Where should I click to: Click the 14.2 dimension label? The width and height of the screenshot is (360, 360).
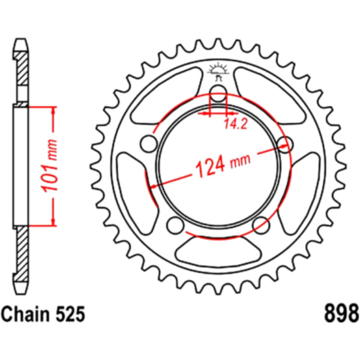tap(235, 124)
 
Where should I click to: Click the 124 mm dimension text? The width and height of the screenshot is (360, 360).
tap(222, 163)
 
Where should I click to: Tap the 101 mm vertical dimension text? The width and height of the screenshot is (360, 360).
tap(49, 166)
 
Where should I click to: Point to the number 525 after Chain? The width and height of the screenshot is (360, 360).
tap(70, 314)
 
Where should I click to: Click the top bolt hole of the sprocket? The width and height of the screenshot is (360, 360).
tap(218, 94)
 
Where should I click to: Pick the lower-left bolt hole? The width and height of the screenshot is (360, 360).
tap(176, 225)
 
